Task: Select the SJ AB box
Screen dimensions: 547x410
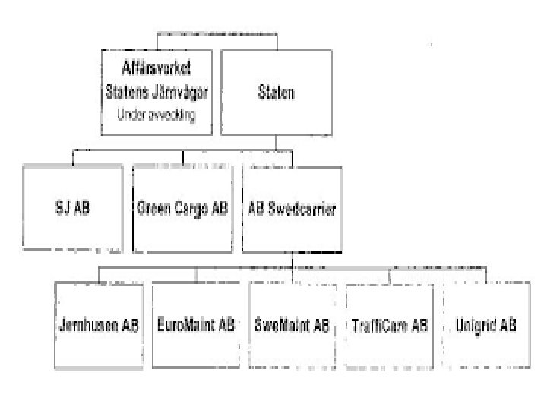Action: pyautogui.click(x=73, y=209)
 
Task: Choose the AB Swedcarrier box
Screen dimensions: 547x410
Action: pyautogui.click(x=292, y=209)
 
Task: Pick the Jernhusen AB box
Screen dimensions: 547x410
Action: pyautogui.click(x=99, y=324)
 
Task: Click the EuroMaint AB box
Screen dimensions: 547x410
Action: pyautogui.click(x=195, y=324)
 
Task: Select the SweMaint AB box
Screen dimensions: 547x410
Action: pyautogui.click(x=292, y=324)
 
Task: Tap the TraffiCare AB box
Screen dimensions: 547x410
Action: pyautogui.click(x=389, y=324)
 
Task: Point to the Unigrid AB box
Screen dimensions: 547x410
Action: pyautogui.click(x=486, y=324)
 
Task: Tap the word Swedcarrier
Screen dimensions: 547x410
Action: pyautogui.click(x=301, y=209)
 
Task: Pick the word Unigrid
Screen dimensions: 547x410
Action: pyautogui.click(x=477, y=325)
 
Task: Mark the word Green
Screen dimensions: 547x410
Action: pyautogui.click(x=157, y=209)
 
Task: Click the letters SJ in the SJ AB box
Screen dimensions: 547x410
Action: pyautogui.click(x=62, y=209)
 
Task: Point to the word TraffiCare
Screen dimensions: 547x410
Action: pyautogui.click(x=381, y=325)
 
